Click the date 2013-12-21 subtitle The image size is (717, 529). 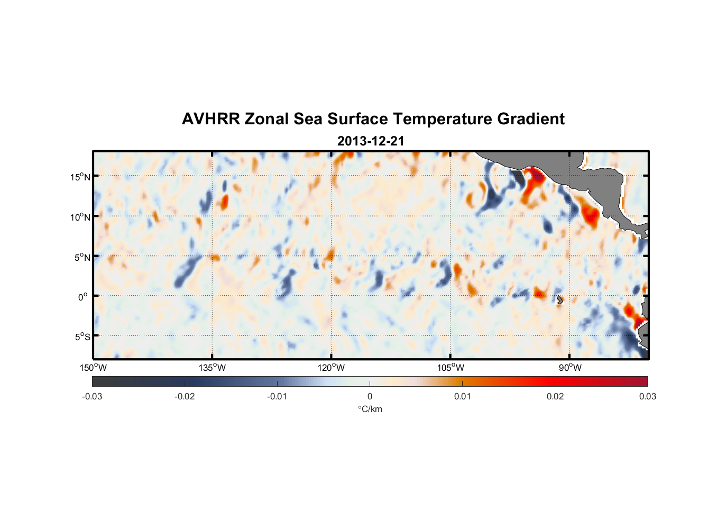[371, 141]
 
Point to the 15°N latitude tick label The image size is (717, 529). [80, 177]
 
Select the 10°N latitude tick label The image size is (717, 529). [80, 217]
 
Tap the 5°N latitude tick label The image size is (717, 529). [82, 257]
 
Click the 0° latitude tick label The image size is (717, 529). [83, 297]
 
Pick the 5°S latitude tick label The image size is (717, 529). [82, 337]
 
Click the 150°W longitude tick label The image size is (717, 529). [93, 368]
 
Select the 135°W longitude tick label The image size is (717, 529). [212, 368]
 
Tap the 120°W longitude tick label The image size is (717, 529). [331, 368]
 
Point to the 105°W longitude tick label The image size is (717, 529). [451, 368]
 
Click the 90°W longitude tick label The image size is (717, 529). [570, 368]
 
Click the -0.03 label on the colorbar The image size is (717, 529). [92, 397]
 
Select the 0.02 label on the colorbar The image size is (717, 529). [555, 397]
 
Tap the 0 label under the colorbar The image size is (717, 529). [370, 397]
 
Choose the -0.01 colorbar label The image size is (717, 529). [277, 397]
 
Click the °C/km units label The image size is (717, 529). [370, 409]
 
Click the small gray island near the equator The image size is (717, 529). [560, 299]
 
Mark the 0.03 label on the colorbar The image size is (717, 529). [647, 397]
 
